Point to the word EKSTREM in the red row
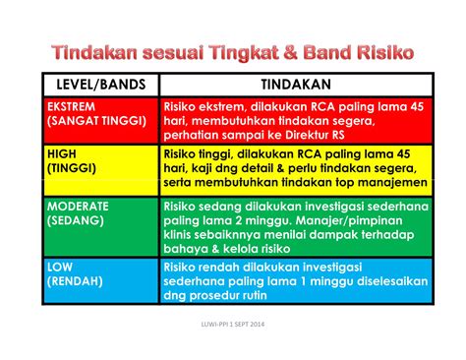point(75,105)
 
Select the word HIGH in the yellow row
point(63,153)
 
